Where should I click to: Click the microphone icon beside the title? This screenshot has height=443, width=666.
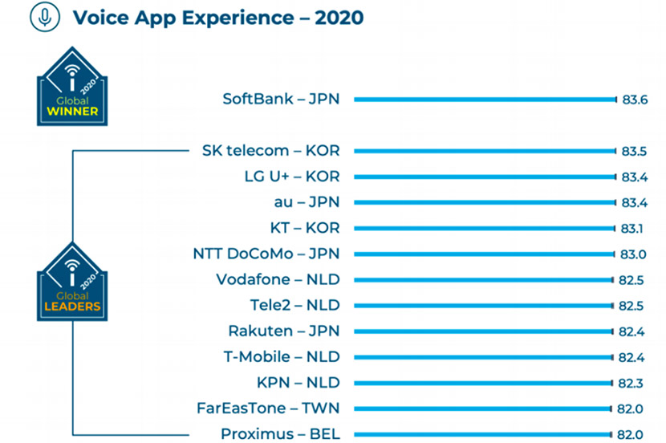(x=45, y=17)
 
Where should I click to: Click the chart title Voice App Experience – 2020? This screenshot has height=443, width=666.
(x=218, y=18)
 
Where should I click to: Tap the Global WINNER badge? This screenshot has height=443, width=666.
(x=72, y=87)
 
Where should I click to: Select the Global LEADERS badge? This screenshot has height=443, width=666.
(x=72, y=282)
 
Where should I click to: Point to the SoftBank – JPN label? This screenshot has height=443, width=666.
(x=281, y=99)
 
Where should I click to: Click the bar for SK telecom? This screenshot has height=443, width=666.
(x=485, y=151)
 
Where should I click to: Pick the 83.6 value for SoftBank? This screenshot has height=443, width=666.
(x=635, y=100)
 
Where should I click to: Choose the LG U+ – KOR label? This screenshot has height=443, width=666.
(x=292, y=177)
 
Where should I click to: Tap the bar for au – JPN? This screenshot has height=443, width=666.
(x=485, y=202)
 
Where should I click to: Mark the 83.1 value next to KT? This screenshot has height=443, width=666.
(x=631, y=229)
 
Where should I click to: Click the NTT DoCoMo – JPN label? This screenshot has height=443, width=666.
(x=266, y=254)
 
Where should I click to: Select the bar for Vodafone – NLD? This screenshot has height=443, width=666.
(x=484, y=280)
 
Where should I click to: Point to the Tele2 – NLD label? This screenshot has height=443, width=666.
(x=295, y=305)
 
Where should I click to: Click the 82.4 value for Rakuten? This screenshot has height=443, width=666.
(x=631, y=331)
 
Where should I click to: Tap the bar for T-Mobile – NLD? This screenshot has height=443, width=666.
(x=483, y=358)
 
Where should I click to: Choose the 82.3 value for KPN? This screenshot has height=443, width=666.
(x=631, y=384)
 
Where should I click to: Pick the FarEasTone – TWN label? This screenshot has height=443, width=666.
(x=269, y=408)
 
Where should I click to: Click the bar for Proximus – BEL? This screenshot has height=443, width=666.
(x=483, y=434)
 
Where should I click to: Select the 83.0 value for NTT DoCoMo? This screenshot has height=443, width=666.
(x=633, y=254)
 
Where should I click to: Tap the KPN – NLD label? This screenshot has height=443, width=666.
(x=298, y=383)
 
